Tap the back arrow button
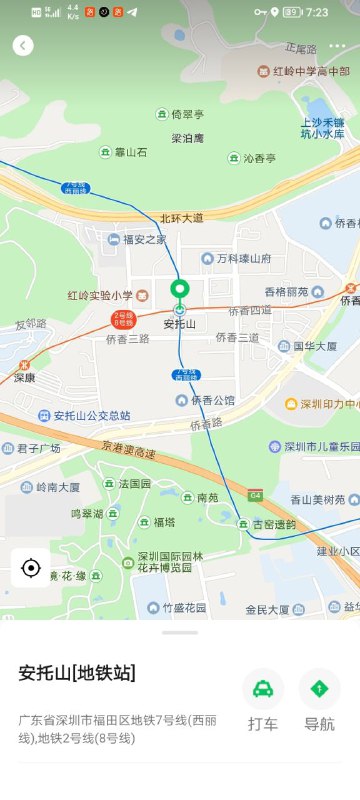point(23,46)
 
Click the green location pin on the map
point(180,292)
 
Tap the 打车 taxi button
point(263,690)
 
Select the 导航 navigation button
point(319,690)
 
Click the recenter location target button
point(30,568)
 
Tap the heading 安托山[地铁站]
point(77,673)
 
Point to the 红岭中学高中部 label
point(302,72)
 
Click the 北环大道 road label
point(181,217)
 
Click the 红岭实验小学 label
point(100,295)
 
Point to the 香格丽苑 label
point(287,291)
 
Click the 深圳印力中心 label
point(328,404)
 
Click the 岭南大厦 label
point(58,487)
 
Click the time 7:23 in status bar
point(317,12)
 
